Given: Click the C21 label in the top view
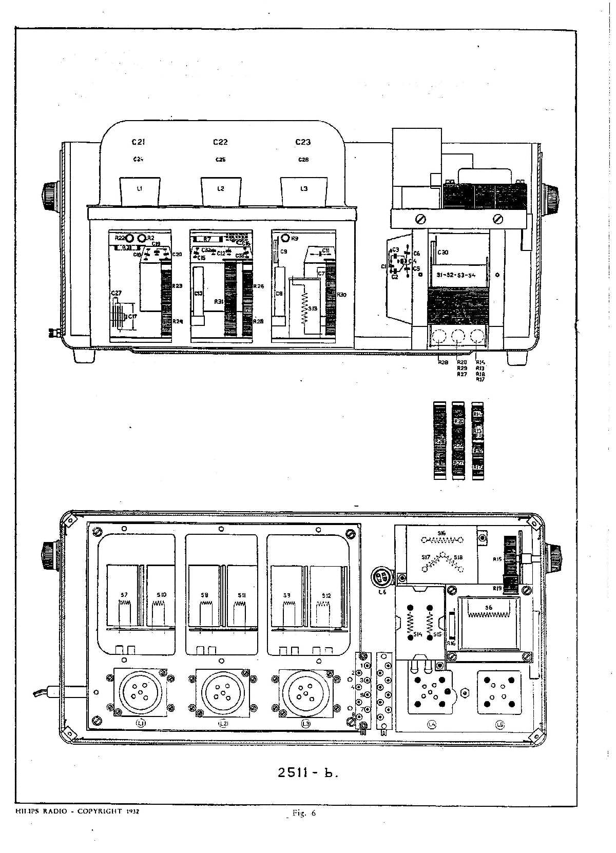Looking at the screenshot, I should coord(138,142).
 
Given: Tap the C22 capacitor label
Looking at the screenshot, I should coord(220,142).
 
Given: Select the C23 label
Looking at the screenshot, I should coord(303,142).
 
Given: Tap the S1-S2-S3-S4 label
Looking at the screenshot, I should coord(455,275).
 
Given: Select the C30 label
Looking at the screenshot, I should coord(442,253).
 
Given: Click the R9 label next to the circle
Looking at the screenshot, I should coord(294,239).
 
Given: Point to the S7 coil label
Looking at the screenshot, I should coord(124,595).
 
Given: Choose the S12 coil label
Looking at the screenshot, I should coord(326,595).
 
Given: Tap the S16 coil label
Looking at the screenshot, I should coord(441,533).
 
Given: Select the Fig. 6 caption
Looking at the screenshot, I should coord(304,813).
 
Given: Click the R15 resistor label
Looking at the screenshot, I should coord(497,558).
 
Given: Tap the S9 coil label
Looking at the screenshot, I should coord(205,595).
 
